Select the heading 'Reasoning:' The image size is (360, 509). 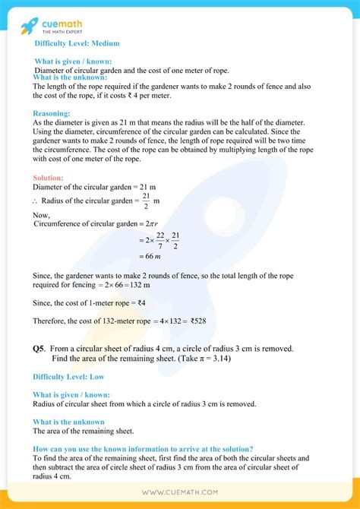52,114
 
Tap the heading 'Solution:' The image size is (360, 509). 50,177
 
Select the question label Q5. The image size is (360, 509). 39,349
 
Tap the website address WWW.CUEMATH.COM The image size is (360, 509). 179,492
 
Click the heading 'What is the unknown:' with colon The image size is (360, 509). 68,77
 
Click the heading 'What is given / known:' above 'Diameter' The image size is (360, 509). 73,61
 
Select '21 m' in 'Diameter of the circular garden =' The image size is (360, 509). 147,187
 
